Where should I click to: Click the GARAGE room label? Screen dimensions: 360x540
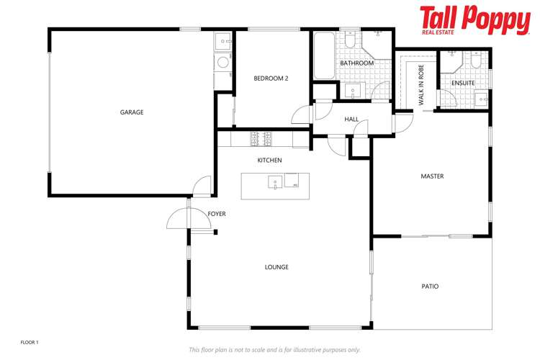click(x=132, y=112)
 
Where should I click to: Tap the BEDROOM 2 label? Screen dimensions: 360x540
click(x=271, y=78)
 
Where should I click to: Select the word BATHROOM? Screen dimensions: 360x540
click(x=357, y=63)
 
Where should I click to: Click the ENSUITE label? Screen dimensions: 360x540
click(x=463, y=84)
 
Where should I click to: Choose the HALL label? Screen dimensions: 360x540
click(x=351, y=120)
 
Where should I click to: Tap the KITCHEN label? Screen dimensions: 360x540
click(x=270, y=161)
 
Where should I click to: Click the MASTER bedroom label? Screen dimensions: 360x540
click(x=432, y=176)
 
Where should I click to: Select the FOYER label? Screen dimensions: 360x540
click(x=217, y=215)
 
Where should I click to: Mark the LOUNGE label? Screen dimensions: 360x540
click(x=276, y=267)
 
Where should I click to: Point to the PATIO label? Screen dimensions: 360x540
click(x=430, y=287)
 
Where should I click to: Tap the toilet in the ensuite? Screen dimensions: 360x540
click(x=476, y=60)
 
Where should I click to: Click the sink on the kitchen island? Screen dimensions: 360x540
click(x=275, y=182)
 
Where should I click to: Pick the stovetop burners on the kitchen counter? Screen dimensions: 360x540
click(x=260, y=136)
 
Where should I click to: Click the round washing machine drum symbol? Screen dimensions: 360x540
click(x=223, y=63)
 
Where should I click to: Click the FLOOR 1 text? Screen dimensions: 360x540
click(x=29, y=342)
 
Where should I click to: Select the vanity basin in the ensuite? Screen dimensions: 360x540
click(x=481, y=99)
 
